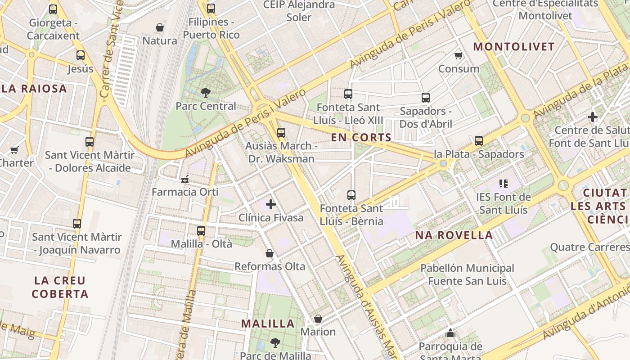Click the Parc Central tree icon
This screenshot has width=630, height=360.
pos(206,93)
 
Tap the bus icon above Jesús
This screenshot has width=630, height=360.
pos(81,55)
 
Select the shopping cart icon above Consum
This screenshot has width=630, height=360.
pos(459,55)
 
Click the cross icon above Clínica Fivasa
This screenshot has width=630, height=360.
pos(271,204)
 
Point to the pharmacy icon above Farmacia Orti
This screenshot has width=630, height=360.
pos(184,179)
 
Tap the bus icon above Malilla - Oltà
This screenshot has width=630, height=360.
pos(201,230)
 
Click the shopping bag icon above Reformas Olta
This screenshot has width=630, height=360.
pos(270,253)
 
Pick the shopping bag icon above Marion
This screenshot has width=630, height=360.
pos(318,319)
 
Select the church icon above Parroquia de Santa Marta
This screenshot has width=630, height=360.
pos(450,333)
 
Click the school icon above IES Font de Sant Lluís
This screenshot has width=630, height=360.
pos(503,184)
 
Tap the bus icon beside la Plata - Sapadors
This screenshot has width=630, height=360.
pos(479,141)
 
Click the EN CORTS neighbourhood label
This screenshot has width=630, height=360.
pos(361,138)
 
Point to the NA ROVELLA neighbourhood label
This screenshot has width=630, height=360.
pos(454,235)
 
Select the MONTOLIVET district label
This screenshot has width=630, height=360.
pos(514,47)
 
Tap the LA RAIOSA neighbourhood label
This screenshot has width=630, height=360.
pos(34,89)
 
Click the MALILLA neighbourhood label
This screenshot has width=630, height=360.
pos(268,324)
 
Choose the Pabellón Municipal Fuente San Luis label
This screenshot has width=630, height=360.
pos(467,274)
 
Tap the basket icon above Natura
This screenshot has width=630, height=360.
pos(159,28)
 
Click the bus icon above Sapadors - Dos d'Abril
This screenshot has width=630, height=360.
pos(426,97)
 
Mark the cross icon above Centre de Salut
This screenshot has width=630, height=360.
pos(593,117)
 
